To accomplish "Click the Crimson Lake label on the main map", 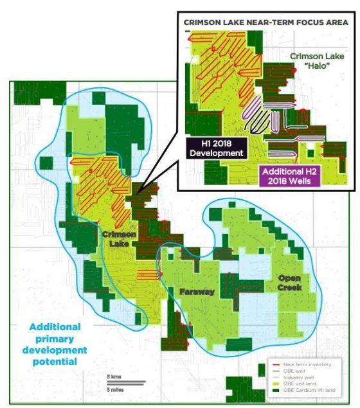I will [119, 239].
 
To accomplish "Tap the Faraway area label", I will [197, 292].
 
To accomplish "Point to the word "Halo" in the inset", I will [314, 67].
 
